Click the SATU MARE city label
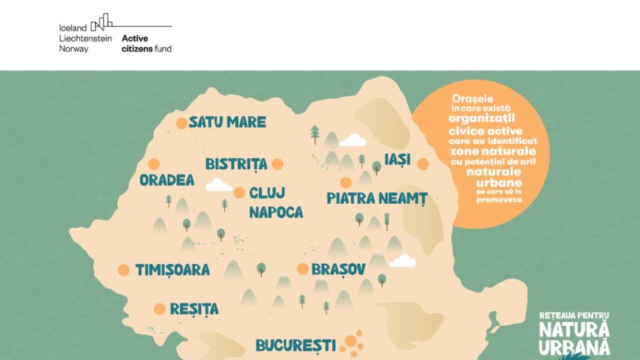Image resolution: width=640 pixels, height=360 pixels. [228, 122]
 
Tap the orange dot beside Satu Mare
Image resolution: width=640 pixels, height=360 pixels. [181, 123]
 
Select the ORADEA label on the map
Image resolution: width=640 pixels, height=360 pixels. [167, 180]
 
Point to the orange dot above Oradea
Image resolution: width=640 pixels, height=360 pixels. [154, 164]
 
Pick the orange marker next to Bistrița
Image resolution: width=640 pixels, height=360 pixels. [278, 164]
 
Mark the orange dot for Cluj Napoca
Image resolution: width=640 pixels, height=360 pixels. [239, 193]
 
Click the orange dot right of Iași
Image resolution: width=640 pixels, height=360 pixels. [423, 164]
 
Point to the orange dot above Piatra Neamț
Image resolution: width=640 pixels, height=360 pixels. [346, 183]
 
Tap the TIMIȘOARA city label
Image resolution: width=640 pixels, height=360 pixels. [172, 270]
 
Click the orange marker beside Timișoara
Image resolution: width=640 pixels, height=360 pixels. [123, 270]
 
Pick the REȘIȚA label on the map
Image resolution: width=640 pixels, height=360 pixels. [194, 309]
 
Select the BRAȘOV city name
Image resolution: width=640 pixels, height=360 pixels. [338, 270]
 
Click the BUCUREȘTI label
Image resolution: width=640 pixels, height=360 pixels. [296, 345]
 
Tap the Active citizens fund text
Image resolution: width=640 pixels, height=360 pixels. [146, 44]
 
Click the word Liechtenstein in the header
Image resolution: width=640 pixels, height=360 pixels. [86, 38]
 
